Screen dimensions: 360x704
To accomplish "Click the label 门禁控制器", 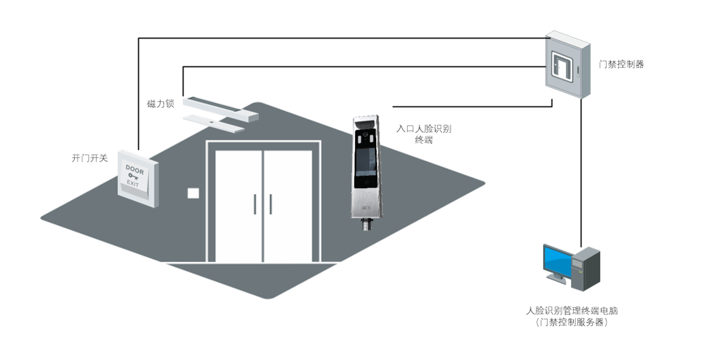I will pyautogui.click(x=621, y=64).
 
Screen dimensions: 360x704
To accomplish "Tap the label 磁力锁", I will pyautogui.click(x=160, y=103).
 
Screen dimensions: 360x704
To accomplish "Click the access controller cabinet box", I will pyautogui.click(x=567, y=65).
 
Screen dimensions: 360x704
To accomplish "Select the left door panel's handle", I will pyautogui.click(x=256, y=205).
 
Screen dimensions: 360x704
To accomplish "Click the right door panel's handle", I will pyautogui.click(x=271, y=205).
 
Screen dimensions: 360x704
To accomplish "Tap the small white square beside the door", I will pyautogui.click(x=193, y=193).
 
